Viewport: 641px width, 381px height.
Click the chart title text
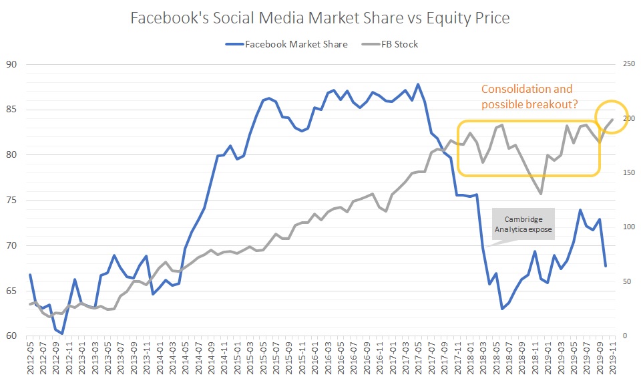(x=320, y=19)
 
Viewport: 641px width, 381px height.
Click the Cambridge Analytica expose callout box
(x=523, y=225)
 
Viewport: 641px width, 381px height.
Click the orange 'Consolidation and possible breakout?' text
(x=528, y=96)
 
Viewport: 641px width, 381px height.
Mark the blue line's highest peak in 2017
(x=418, y=84)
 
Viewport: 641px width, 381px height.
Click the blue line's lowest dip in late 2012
(x=62, y=333)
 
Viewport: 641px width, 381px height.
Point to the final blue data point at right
(x=606, y=266)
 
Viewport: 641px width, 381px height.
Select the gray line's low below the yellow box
(x=541, y=194)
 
